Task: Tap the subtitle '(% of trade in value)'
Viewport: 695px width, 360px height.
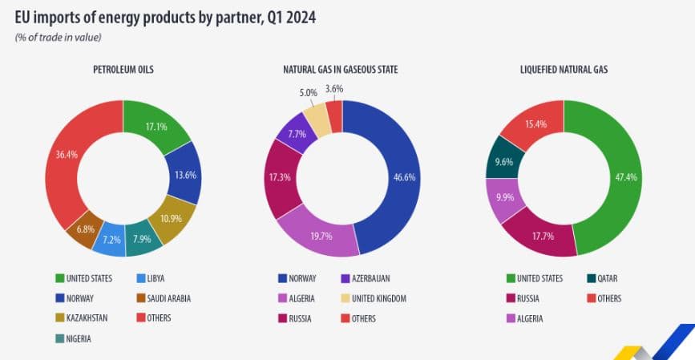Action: tap(58, 37)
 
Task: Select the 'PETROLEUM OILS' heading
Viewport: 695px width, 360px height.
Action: tap(123, 71)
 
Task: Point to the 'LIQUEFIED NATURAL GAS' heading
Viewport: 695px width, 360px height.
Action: tap(564, 71)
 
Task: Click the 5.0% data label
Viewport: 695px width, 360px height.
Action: tap(309, 93)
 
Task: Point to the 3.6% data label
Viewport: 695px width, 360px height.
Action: tap(334, 89)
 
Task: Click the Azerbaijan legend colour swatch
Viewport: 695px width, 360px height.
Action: tap(345, 278)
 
